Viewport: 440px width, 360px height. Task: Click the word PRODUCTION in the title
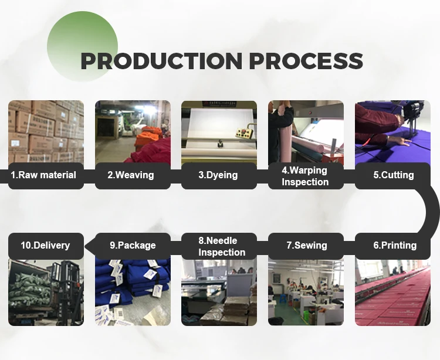pyautogui.click(x=161, y=60)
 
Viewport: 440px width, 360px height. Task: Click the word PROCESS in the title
pyautogui.click(x=306, y=60)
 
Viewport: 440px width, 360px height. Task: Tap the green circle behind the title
pyautogui.click(x=82, y=46)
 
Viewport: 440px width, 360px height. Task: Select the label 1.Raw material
pyautogui.click(x=43, y=175)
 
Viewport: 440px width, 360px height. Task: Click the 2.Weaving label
pyautogui.click(x=131, y=175)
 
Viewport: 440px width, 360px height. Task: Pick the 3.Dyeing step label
pyautogui.click(x=218, y=175)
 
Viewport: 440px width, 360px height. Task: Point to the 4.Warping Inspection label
pyautogui.click(x=305, y=176)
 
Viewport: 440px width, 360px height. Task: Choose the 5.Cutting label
pyautogui.click(x=394, y=175)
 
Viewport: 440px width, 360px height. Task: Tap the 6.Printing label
pyautogui.click(x=395, y=245)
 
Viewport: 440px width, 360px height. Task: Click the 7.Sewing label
pyautogui.click(x=307, y=245)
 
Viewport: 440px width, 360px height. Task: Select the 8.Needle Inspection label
pyautogui.click(x=222, y=246)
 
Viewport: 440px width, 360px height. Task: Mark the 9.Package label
pyautogui.click(x=133, y=245)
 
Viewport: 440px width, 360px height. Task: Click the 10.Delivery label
pyautogui.click(x=45, y=245)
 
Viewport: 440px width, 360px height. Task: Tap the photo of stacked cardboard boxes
pyautogui.click(x=46, y=132)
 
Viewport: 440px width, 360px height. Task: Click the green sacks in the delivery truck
pyautogui.click(x=29, y=290)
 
